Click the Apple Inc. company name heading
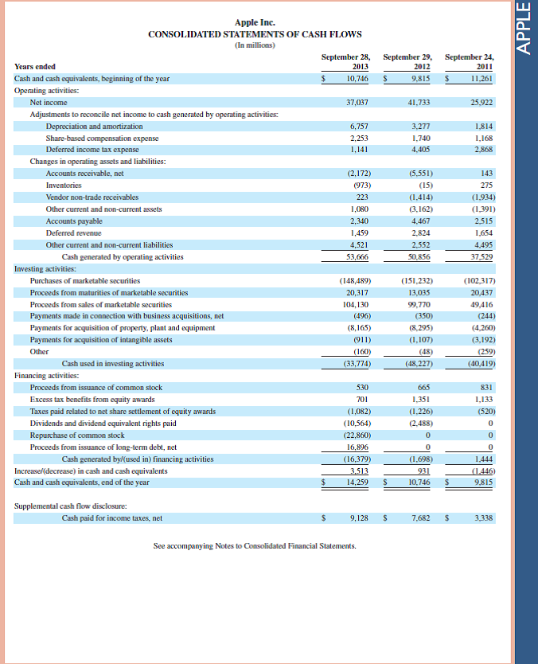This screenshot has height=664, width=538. click(255, 22)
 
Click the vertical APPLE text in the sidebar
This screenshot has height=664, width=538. click(523, 29)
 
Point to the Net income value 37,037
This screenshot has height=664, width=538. click(357, 103)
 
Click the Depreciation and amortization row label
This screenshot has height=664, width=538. click(94, 127)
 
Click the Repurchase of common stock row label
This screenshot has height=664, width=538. click(77, 436)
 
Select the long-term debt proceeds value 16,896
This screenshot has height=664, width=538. click(357, 447)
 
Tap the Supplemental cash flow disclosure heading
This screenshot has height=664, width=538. click(71, 506)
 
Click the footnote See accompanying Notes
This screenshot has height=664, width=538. click(255, 545)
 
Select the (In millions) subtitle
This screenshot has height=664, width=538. click(255, 45)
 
